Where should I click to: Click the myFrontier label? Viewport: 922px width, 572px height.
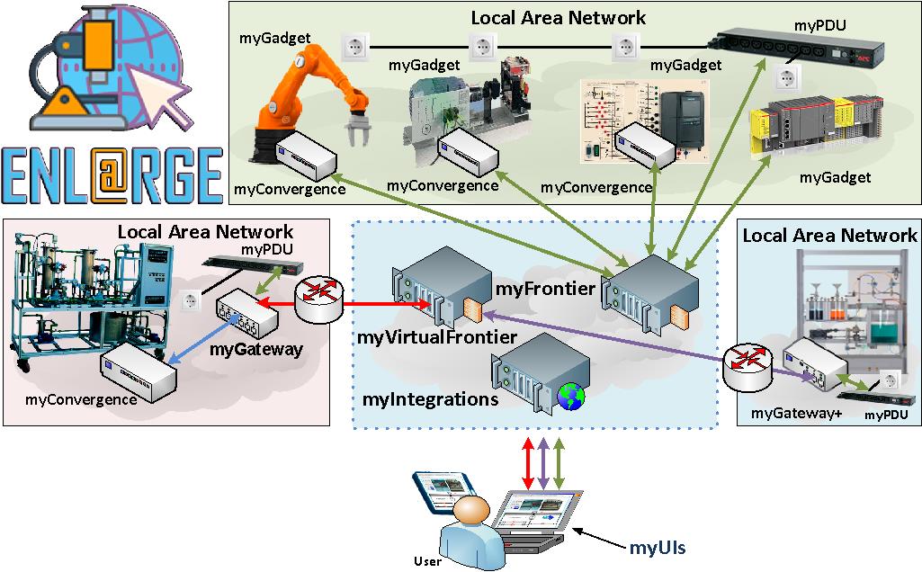coord(545,288)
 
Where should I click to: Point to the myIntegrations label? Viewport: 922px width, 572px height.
coord(430,398)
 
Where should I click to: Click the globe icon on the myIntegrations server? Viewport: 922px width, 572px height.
coord(571,396)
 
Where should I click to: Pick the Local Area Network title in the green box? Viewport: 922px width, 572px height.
coord(558,17)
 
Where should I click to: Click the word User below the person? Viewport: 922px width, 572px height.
coord(428,562)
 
